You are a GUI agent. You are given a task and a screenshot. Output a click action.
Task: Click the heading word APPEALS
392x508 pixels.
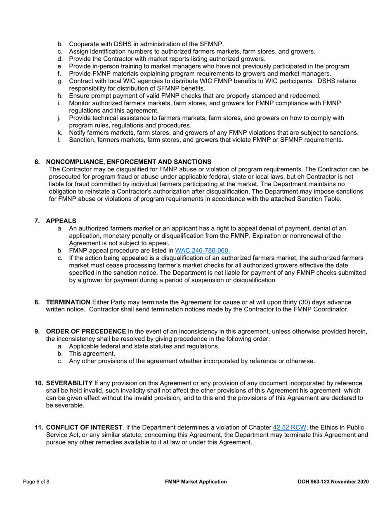coord(61,221)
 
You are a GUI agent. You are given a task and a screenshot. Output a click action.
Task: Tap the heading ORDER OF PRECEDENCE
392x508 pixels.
coord(86,331)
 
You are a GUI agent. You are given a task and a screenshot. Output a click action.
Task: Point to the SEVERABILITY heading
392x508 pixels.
coord(69,383)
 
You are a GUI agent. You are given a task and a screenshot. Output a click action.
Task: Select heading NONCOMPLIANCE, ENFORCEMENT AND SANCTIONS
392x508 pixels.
coord(129,161)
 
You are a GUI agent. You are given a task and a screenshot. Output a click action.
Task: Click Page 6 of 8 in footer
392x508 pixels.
coord(36,482)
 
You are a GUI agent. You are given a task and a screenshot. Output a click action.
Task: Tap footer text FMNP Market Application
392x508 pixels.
coord(196,482)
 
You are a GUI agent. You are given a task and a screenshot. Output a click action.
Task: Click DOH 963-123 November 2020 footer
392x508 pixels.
coord(333,482)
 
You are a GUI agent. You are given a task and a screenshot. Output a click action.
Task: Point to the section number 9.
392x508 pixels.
coord(37,331)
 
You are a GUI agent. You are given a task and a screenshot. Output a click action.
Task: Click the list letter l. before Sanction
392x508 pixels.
coord(59,140)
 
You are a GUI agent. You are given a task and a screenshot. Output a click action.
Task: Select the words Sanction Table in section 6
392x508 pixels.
coord(321,199)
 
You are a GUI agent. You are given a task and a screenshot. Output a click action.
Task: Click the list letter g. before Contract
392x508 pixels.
coord(60,81)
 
